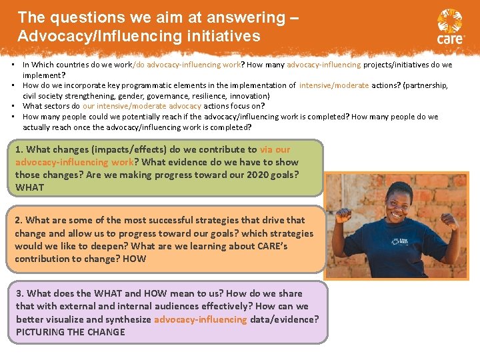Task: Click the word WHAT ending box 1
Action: pos(30,187)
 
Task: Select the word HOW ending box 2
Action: pos(134,259)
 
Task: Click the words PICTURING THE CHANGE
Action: pos(70,331)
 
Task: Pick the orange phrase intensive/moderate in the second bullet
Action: pos(333,85)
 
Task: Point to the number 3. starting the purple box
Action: pos(20,293)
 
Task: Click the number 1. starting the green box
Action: pos(19,149)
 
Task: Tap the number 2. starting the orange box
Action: pos(19,220)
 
